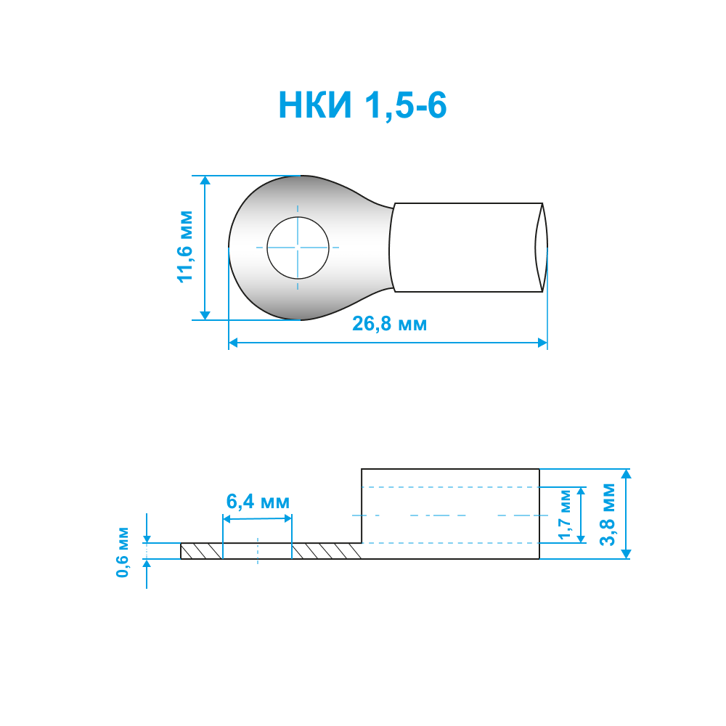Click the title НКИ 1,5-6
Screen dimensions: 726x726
[x=362, y=105]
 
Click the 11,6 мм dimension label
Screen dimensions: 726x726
[x=185, y=247]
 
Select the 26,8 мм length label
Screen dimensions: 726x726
[x=389, y=324]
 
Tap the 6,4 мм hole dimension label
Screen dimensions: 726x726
[x=258, y=502]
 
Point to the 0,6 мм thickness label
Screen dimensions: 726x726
[x=123, y=552]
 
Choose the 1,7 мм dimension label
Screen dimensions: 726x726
[x=565, y=515]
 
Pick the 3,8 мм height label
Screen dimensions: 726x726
[x=608, y=515]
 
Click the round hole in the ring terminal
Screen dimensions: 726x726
[x=298, y=248]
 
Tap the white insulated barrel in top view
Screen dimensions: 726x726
[x=465, y=248]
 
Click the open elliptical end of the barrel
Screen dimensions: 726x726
[x=542, y=248]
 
